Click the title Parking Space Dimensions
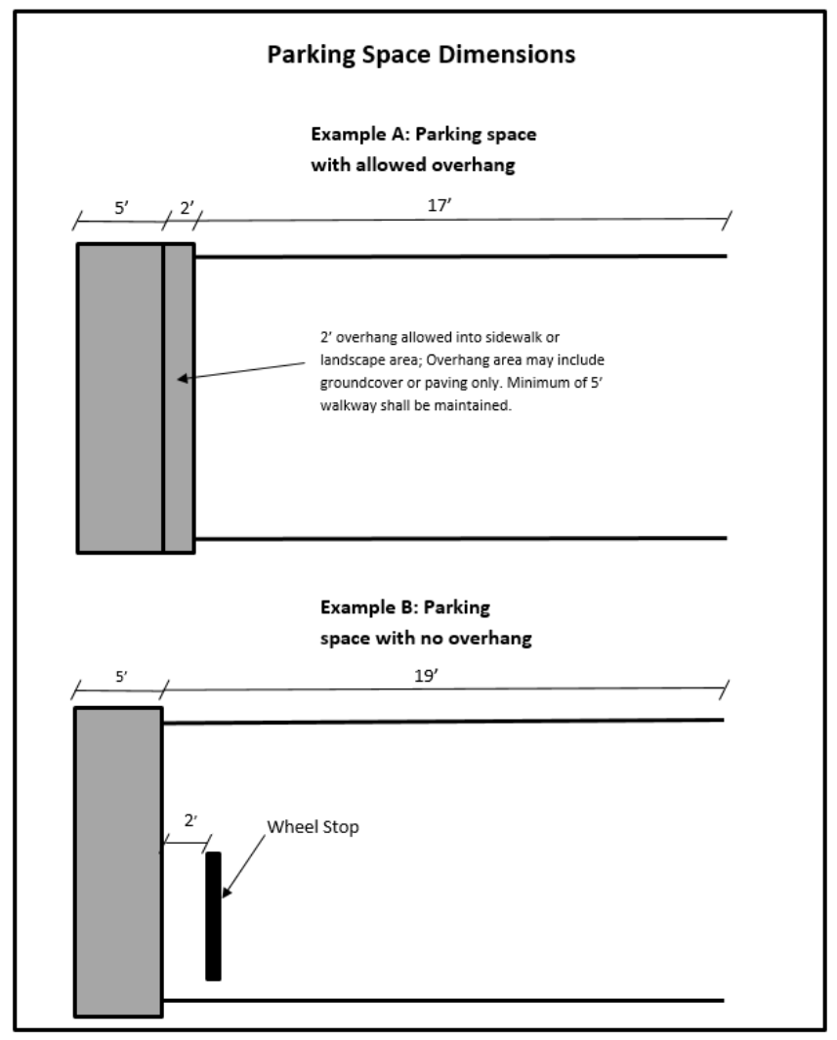click(421, 56)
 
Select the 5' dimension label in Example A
click(119, 207)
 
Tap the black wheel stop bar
click(213, 915)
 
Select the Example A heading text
click(422, 149)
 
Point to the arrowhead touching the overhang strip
click(184, 378)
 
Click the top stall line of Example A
click(459, 256)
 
